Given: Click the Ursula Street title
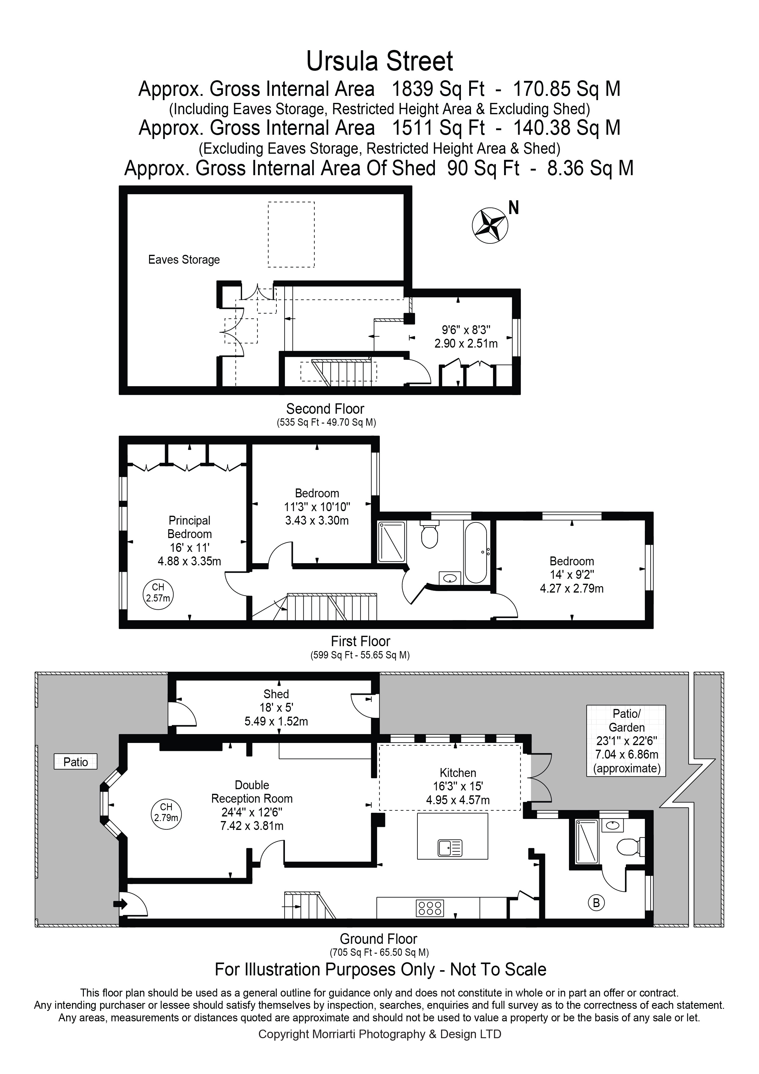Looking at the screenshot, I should (x=379, y=61).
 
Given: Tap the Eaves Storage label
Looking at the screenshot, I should (x=184, y=260).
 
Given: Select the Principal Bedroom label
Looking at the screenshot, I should (x=189, y=527).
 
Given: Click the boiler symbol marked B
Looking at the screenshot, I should (x=596, y=902).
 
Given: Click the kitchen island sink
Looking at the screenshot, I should (x=450, y=848).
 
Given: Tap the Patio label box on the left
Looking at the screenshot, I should (x=75, y=762).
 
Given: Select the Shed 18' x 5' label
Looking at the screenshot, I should (x=276, y=707).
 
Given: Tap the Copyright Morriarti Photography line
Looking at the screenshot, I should (x=379, y=1034).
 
